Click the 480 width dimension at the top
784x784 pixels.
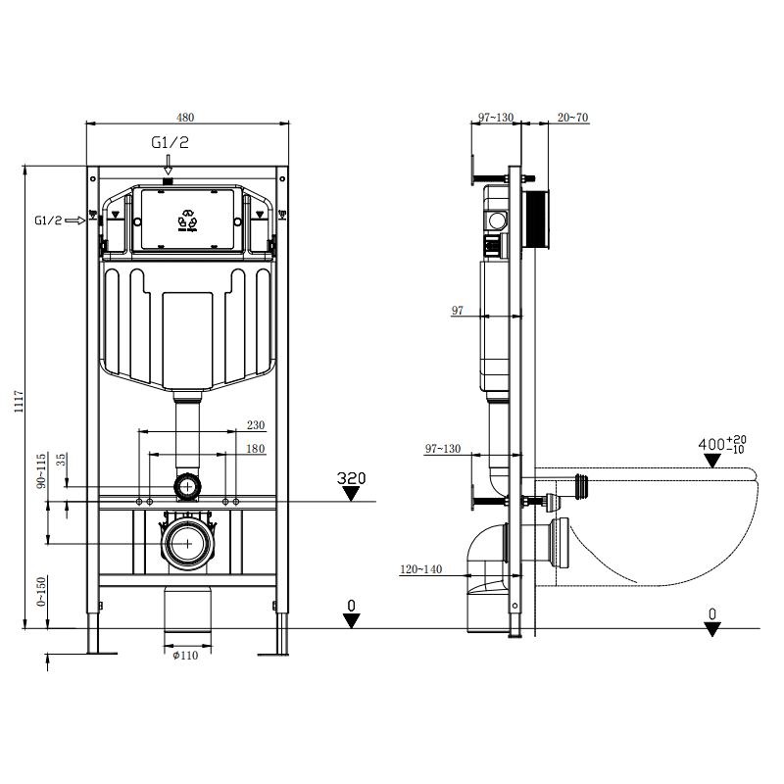(x=185, y=117)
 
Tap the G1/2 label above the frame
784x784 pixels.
(x=170, y=143)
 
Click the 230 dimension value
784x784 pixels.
(x=255, y=424)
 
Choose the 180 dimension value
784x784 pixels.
(x=255, y=448)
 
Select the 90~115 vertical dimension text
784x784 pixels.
(x=42, y=471)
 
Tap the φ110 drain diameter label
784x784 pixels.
(x=185, y=656)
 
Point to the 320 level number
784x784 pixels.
(x=351, y=478)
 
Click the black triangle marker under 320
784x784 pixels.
(x=351, y=494)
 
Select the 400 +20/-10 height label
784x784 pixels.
(x=722, y=444)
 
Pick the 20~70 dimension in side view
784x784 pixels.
(x=572, y=118)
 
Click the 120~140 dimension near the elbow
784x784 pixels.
(x=420, y=568)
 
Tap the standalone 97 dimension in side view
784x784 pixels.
(x=457, y=311)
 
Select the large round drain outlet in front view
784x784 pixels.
(x=185, y=543)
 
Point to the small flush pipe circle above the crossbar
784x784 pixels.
(x=185, y=484)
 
